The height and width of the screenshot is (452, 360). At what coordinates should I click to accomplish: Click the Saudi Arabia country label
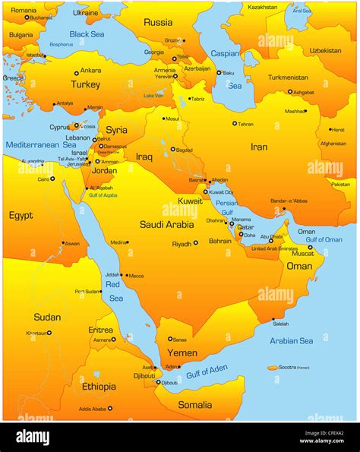166,224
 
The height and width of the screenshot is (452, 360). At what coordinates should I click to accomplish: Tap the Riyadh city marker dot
196,243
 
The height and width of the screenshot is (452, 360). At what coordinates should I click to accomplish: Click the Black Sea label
87,34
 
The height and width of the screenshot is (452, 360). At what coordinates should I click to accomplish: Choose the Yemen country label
182,353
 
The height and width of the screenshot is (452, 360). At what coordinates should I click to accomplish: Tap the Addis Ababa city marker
110,408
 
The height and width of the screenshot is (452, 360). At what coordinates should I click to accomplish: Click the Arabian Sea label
292,340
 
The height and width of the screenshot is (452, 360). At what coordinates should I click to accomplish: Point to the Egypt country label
21,215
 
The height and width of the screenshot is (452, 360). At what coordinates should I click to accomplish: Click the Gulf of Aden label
207,372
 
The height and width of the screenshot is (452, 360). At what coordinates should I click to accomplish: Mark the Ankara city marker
76,74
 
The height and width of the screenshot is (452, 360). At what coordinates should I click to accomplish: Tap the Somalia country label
194,405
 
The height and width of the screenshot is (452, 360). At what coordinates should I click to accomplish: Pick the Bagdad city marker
172,150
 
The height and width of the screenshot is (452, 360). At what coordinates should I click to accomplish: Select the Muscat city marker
310,247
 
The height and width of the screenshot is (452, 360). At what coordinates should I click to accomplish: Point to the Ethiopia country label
99,387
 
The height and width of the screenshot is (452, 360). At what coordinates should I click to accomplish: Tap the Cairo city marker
54,179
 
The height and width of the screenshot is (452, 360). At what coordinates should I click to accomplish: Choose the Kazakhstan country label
263,7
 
